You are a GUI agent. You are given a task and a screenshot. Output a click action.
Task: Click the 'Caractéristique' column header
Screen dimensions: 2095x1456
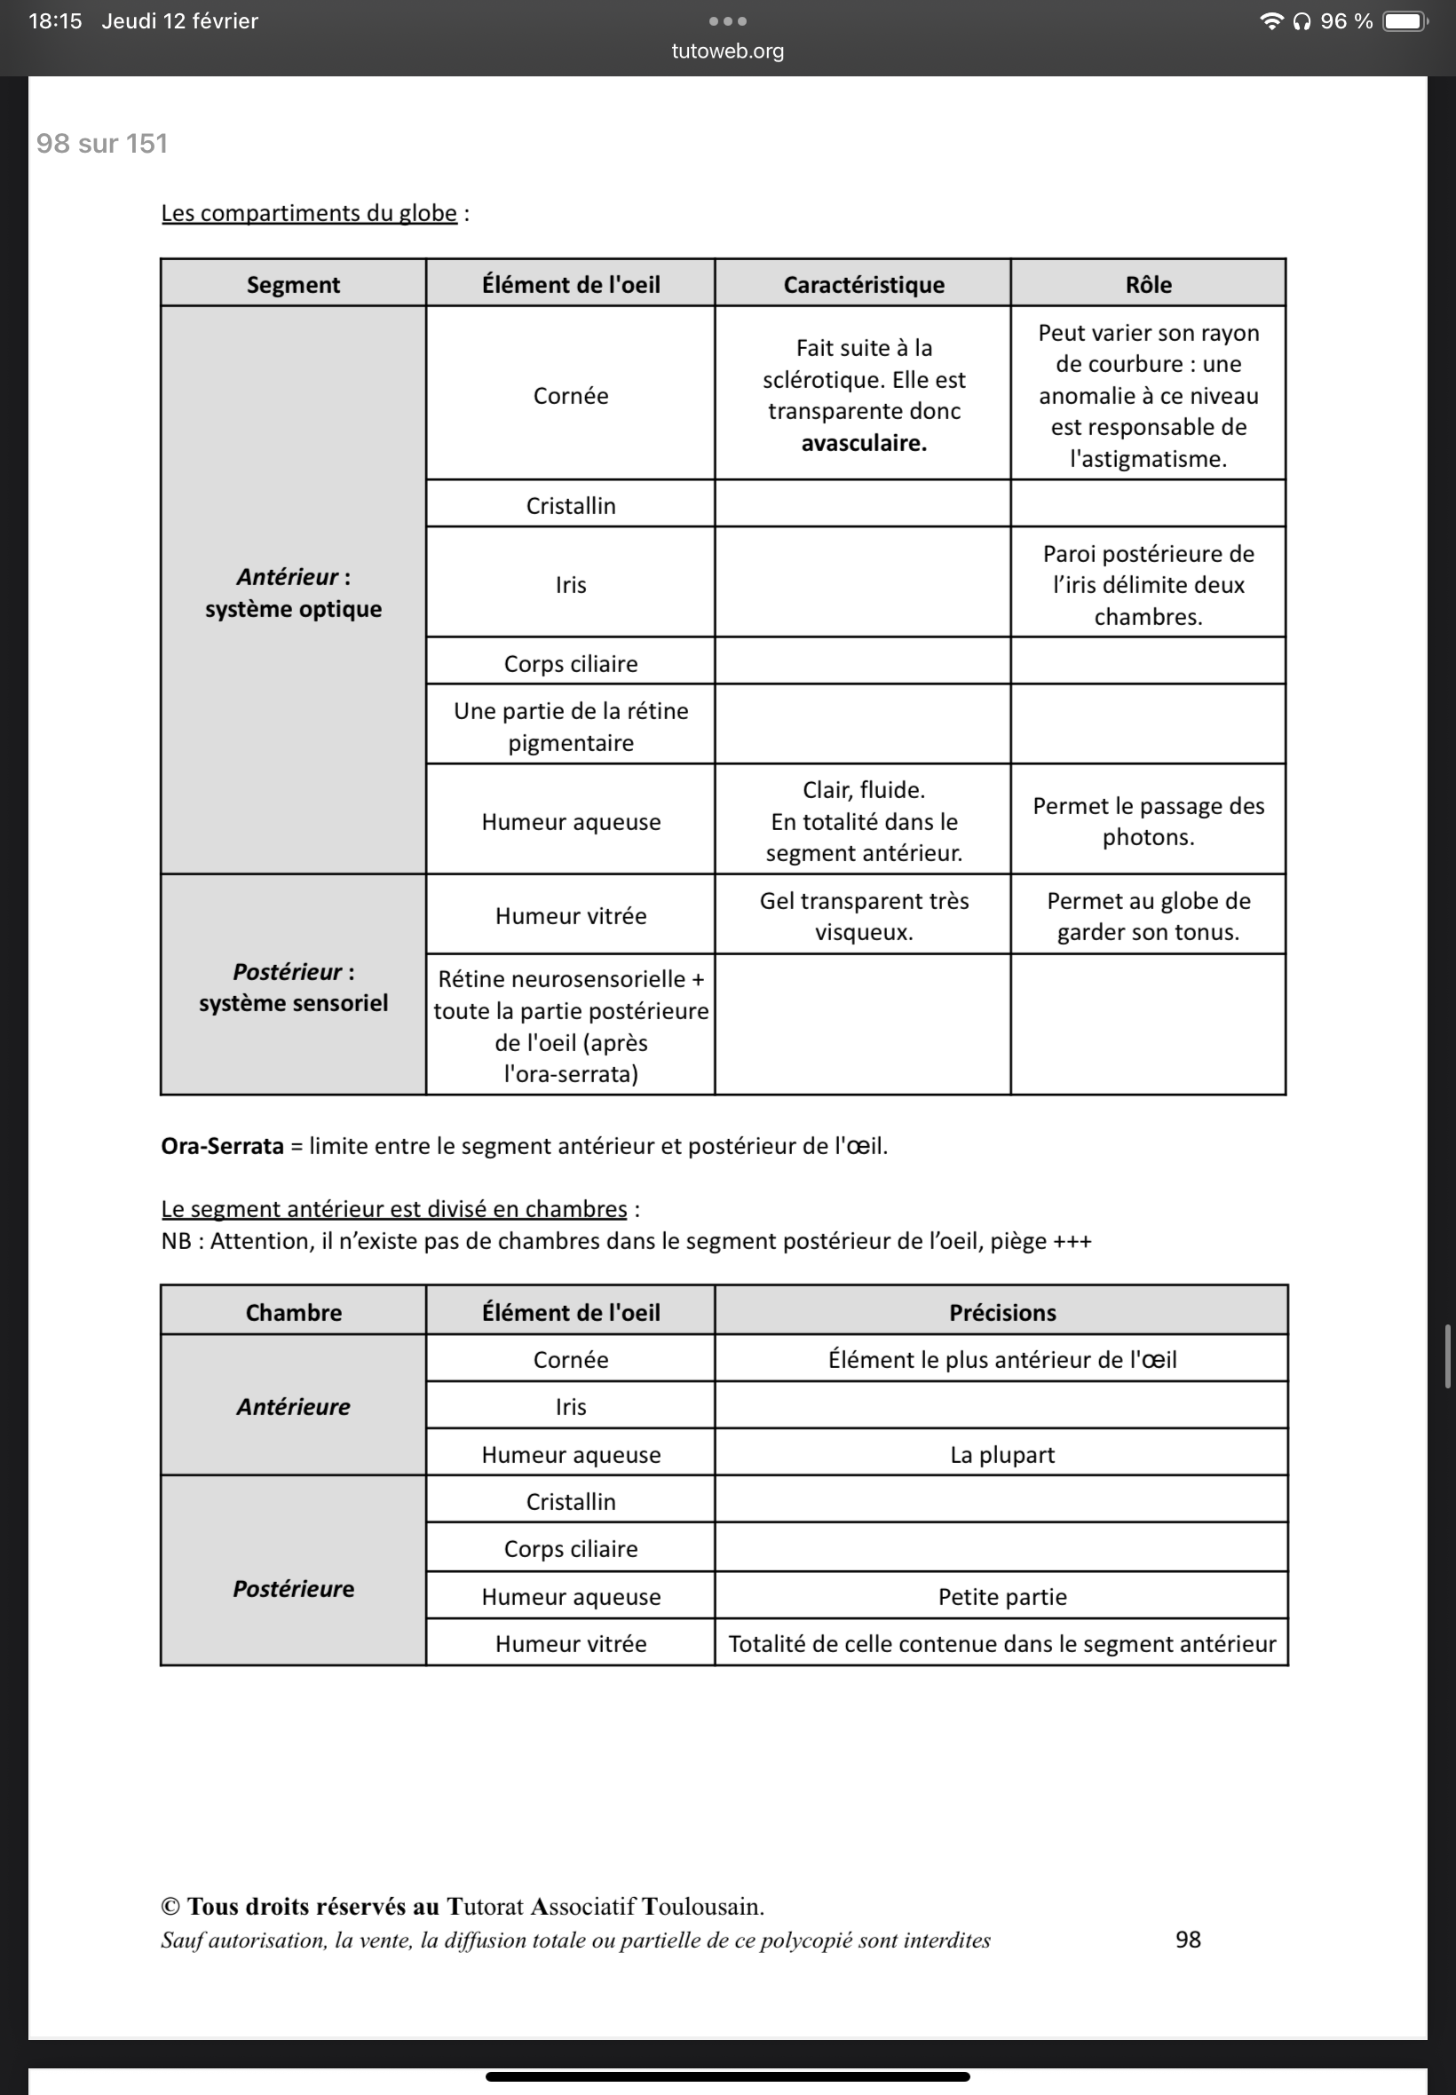pos(863,285)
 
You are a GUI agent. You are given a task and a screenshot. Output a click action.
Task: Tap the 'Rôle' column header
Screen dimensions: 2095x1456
pos(1148,285)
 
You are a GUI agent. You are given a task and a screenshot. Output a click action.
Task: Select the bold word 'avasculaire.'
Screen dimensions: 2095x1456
pos(863,443)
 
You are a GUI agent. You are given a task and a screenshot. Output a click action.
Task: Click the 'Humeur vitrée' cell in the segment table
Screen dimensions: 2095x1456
pos(570,916)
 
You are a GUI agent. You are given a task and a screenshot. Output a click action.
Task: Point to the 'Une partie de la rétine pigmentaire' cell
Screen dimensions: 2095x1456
pos(570,726)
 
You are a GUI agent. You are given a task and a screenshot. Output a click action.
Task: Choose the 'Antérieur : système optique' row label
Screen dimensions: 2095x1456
pos(293,593)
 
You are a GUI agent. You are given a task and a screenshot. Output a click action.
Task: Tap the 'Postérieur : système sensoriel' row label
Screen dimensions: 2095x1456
pos(293,987)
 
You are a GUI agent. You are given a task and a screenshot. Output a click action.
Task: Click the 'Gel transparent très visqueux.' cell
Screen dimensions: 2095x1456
pos(863,916)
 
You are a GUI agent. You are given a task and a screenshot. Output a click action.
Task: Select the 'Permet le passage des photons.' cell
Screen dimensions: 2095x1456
pos(1148,821)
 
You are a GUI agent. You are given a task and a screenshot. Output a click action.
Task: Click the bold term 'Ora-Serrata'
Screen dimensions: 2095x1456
pos(222,1145)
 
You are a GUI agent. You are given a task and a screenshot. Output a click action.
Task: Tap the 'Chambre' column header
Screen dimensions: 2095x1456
pos(293,1311)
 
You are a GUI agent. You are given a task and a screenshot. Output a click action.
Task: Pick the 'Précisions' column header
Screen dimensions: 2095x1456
pos(1001,1311)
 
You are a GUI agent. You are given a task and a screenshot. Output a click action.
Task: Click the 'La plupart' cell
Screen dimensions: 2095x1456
pos(1001,1454)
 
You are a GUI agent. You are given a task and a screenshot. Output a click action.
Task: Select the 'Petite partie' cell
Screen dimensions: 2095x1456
pos(1001,1596)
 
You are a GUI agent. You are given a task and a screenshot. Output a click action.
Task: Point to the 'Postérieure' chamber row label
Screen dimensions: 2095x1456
pos(293,1588)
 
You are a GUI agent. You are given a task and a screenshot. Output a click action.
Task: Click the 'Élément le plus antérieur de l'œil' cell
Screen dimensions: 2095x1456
pos(1001,1359)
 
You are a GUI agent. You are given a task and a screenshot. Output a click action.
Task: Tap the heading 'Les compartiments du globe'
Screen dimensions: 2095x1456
pos(308,213)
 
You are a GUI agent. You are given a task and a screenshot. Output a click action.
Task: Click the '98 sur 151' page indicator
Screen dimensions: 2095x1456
pos(101,143)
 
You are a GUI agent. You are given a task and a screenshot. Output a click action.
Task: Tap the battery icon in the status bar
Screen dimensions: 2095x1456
pos(1404,21)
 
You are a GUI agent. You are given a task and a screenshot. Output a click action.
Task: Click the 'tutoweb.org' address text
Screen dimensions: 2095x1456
pos(727,51)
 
